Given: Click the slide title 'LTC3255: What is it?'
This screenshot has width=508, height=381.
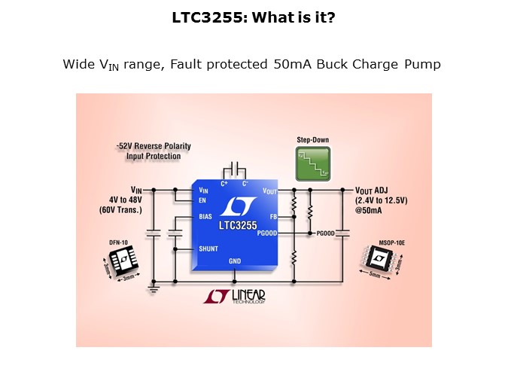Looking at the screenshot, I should click(x=254, y=17).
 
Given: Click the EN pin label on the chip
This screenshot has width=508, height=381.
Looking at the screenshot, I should click(x=203, y=200).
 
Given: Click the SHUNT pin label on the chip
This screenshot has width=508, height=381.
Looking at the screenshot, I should click(x=208, y=248).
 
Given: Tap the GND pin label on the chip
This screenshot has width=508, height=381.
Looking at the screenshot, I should click(x=235, y=261).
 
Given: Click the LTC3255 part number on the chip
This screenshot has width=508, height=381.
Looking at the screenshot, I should click(x=238, y=225).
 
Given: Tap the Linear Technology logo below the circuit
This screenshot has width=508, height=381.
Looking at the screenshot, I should click(x=235, y=298).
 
